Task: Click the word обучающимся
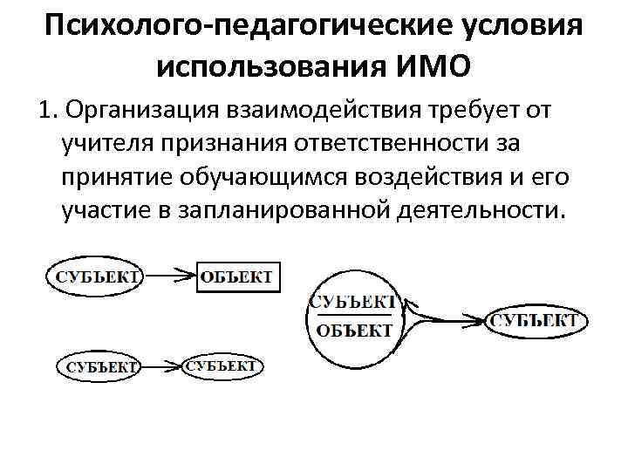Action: (x=261, y=177)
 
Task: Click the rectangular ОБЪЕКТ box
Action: (x=236, y=277)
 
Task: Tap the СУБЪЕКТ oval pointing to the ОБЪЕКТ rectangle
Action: (x=94, y=277)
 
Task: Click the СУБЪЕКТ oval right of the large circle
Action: (x=533, y=321)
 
